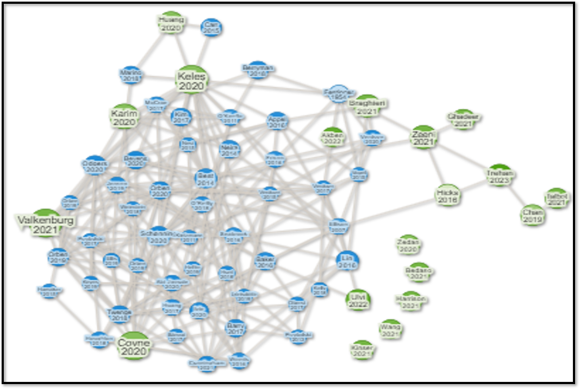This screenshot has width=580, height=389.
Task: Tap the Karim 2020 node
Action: [x=123, y=117]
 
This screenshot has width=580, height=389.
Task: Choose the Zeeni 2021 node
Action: [x=423, y=138]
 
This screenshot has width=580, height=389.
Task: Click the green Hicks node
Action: [x=447, y=196]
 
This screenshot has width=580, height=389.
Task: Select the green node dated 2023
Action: [x=501, y=176]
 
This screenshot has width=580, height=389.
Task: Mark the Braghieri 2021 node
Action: [x=367, y=106]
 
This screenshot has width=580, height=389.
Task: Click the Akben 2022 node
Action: [x=333, y=138]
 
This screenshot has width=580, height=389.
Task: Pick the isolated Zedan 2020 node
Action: [x=410, y=245]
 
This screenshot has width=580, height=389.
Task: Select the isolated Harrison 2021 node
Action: [x=410, y=301]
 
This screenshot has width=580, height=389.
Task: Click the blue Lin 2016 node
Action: [x=347, y=261]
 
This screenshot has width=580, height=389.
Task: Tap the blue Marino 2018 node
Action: [x=130, y=75]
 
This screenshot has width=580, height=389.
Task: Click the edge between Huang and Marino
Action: [x=149, y=50]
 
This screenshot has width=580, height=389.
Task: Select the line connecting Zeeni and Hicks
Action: [x=435, y=166]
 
